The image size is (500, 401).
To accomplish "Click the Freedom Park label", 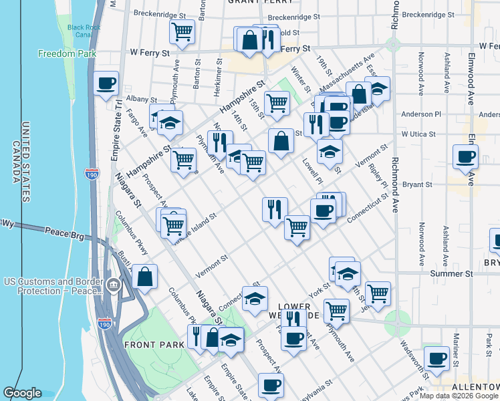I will pos(68,53).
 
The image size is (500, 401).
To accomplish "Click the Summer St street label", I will pos(452,273).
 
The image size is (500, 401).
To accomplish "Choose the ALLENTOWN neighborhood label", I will pos(473,387).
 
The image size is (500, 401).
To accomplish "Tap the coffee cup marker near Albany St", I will pos(106,85).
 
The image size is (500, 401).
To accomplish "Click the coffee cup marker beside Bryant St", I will pos(465,158).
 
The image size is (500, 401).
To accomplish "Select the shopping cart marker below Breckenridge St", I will pos(182,32).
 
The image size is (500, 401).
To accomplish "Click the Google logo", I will pos(23,393).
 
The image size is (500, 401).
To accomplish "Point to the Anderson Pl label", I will pos(420,114).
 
